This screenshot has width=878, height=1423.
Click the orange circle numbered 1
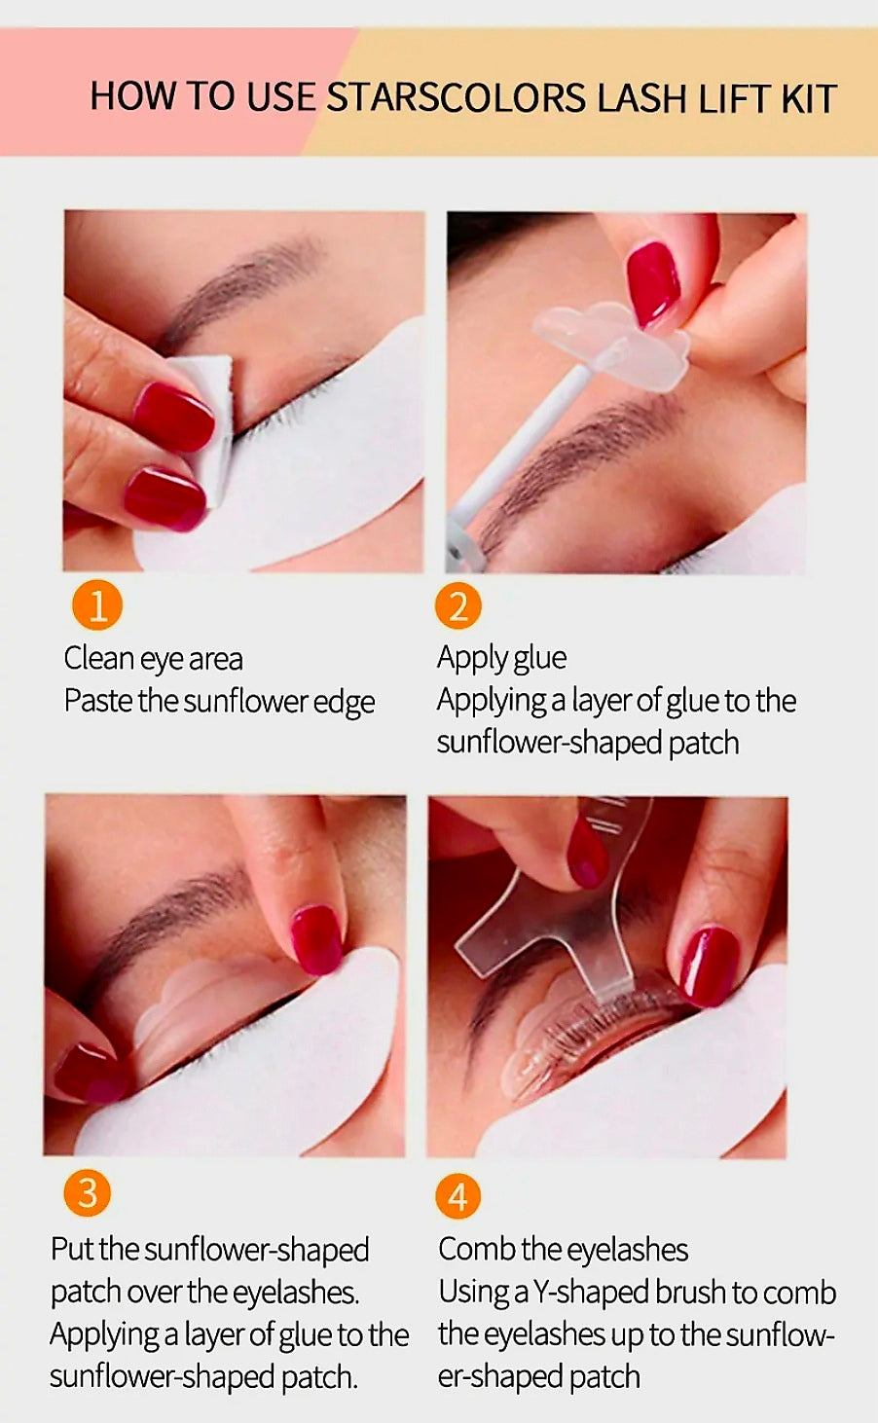click(x=97, y=605)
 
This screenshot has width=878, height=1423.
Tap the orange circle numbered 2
click(x=457, y=605)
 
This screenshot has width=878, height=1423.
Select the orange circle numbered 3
click(x=88, y=1193)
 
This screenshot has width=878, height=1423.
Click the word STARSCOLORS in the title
click(x=456, y=99)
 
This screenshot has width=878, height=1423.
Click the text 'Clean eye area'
click(x=153, y=659)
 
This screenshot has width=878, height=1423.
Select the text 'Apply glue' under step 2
click(x=501, y=658)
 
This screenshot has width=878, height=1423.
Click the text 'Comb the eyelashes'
click(x=563, y=1249)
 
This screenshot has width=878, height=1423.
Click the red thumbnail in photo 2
click(x=652, y=282)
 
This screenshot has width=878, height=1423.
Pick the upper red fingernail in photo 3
click(x=316, y=938)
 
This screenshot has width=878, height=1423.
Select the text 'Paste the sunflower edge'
click(x=219, y=702)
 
